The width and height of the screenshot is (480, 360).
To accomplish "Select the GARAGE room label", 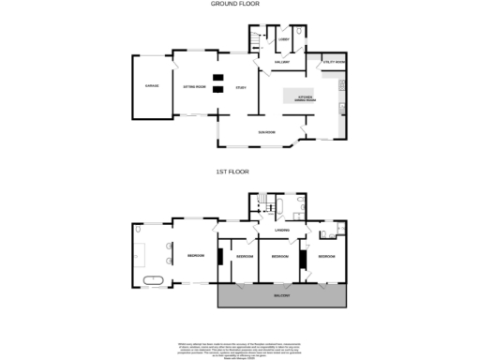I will coord(151,86).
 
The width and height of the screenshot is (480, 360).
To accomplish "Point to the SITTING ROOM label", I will coord(194,86).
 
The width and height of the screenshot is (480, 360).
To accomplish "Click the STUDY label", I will coord(240,89).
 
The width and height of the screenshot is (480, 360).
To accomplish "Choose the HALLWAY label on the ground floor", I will coord(279,62).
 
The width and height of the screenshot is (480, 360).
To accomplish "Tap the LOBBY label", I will coord(285,40).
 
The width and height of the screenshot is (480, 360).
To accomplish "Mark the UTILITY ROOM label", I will coord(334,62).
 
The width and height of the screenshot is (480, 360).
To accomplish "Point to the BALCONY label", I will coord(281,295).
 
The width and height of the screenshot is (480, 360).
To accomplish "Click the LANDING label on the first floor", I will coord(280,230).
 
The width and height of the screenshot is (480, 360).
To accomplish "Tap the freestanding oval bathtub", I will coord(153,279).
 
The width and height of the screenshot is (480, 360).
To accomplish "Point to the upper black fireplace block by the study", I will coord(217,77).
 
